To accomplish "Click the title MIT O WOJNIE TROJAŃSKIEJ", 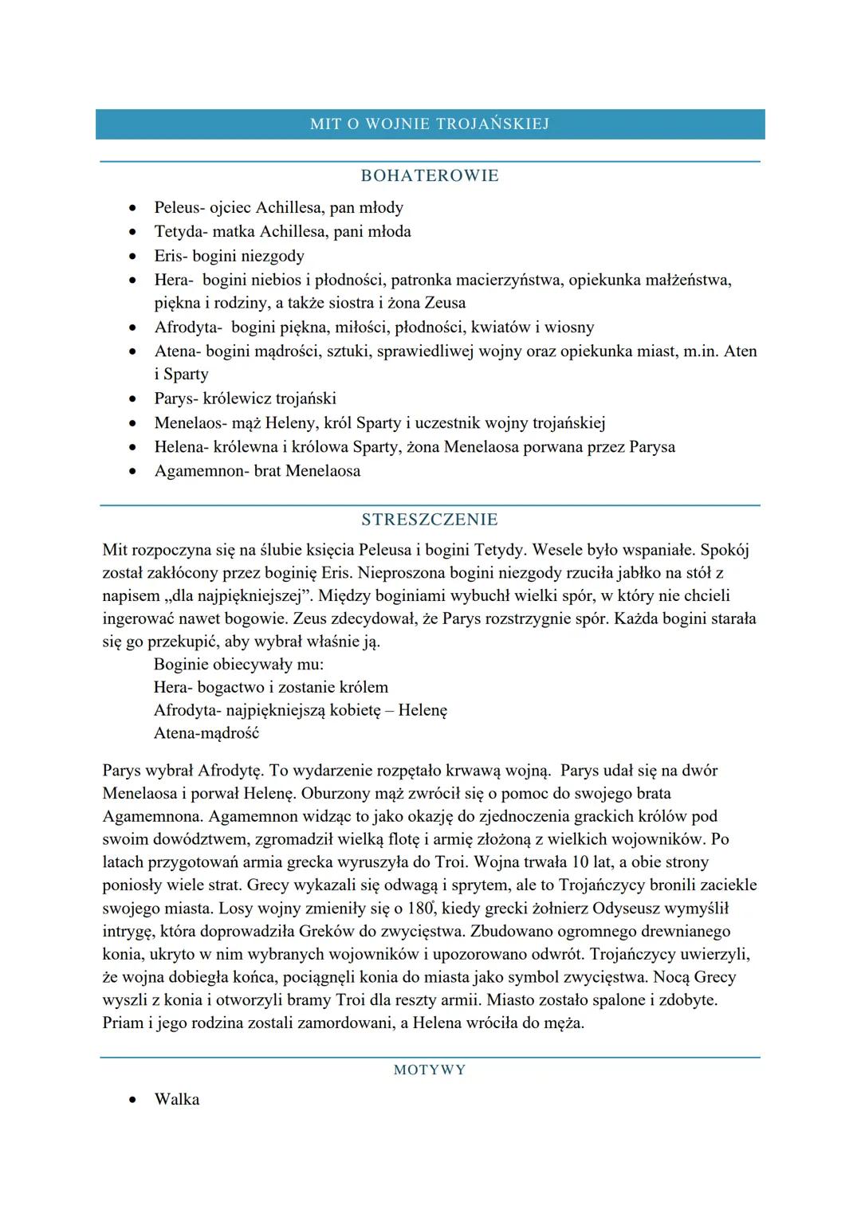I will click(430, 124).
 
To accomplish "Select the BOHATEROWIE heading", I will click(430, 176).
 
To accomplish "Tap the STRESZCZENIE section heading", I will click(430, 520).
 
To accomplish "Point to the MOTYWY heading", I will click(430, 1070).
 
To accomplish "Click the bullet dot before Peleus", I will click(132, 208).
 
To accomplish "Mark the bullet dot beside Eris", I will click(132, 257).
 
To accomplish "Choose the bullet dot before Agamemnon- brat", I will click(132, 472).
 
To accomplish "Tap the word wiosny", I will click(569, 328).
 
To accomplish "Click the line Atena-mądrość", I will click(206, 733).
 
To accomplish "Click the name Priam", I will click(124, 1023).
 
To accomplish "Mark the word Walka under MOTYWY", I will click(177, 1100).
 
